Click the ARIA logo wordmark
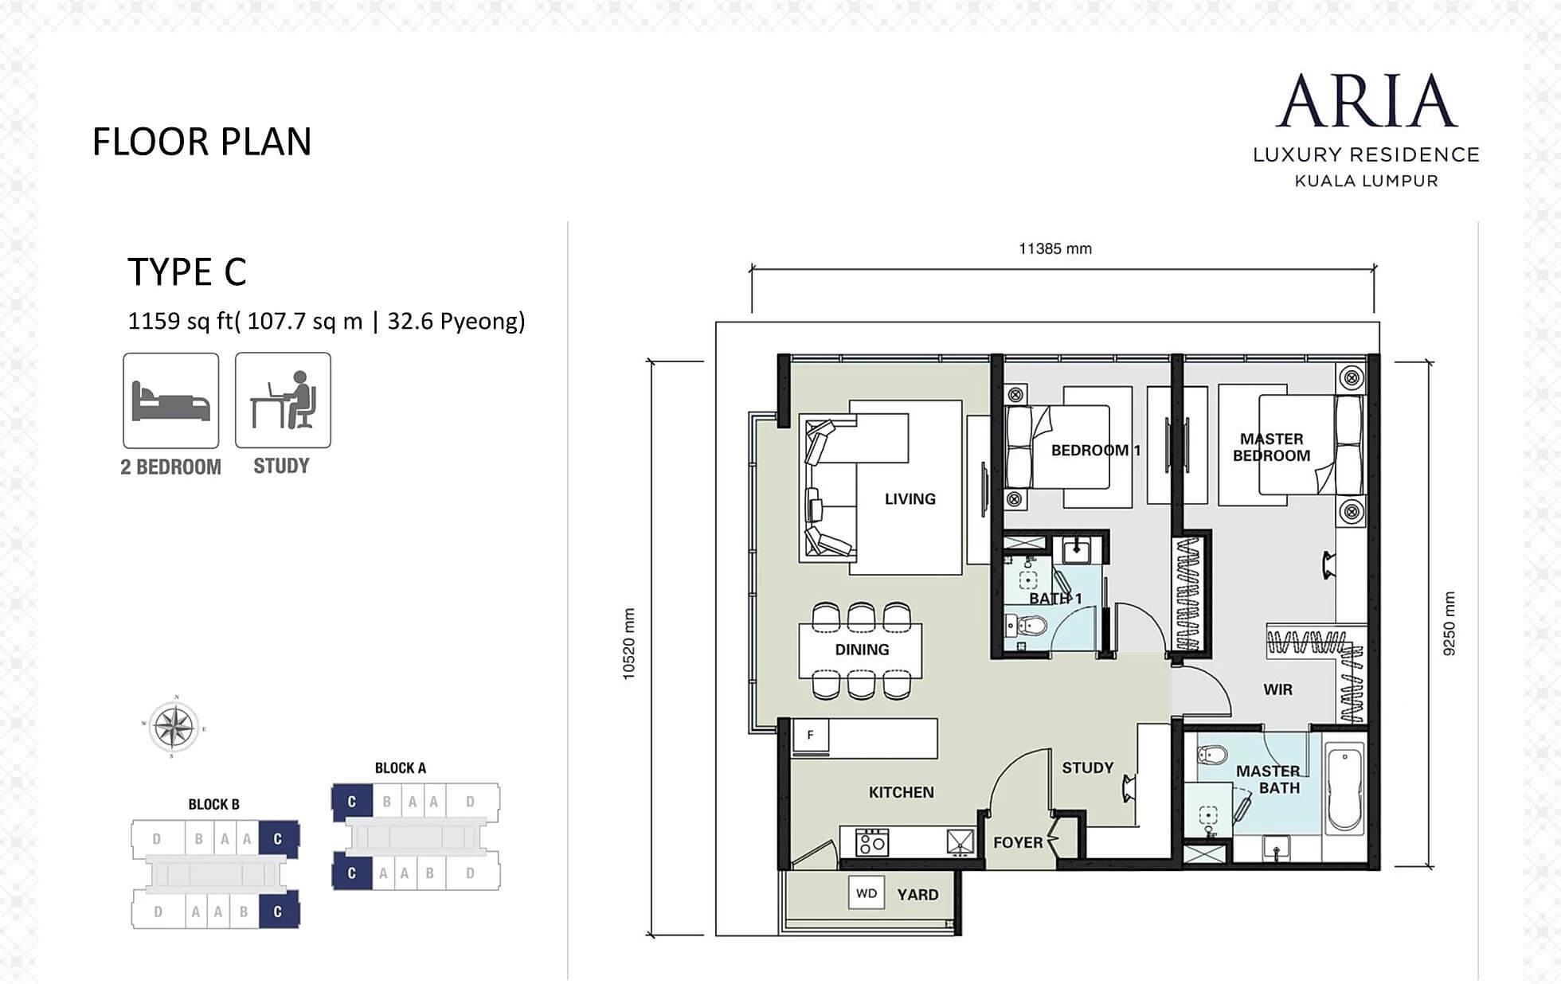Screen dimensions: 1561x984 pyautogui.click(x=1367, y=101)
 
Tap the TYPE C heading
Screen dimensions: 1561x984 pyautogui.click(x=187, y=271)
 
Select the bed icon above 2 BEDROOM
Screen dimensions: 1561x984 pyautogui.click(x=171, y=400)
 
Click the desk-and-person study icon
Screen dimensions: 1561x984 pyautogui.click(x=283, y=400)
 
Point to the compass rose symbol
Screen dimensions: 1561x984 pyautogui.click(x=174, y=727)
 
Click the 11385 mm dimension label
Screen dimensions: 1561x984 pyautogui.click(x=1055, y=248)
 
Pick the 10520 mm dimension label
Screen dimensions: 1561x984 pyautogui.click(x=629, y=644)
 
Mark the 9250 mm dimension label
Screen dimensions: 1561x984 pyautogui.click(x=1449, y=623)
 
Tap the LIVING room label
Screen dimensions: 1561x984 pyautogui.click(x=910, y=499)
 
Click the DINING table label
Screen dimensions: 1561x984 pyautogui.click(x=862, y=650)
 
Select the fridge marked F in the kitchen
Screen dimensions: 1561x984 pyautogui.click(x=811, y=736)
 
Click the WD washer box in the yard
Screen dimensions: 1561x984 pyautogui.click(x=867, y=893)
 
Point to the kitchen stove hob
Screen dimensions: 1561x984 pyautogui.click(x=871, y=842)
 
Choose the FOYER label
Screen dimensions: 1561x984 pyautogui.click(x=1018, y=842)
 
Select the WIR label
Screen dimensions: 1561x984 pyautogui.click(x=1278, y=689)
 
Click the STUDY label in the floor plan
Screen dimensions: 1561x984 pyautogui.click(x=1088, y=767)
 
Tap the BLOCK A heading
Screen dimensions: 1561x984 pyautogui.click(x=401, y=768)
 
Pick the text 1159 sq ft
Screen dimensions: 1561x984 pyautogui.click(x=180, y=322)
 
